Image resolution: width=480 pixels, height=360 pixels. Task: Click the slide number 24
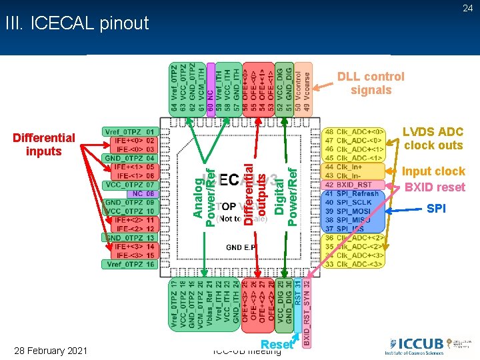pyautogui.click(x=468, y=8)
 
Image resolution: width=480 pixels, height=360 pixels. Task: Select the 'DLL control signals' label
pyautogui.click(x=371, y=83)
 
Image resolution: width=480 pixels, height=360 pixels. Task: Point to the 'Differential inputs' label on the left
pyautogui.click(x=44, y=144)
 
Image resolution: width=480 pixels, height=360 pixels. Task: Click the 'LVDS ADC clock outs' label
pyautogui.click(x=433, y=139)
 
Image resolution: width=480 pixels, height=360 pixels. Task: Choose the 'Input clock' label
pyautogui.click(x=433, y=171)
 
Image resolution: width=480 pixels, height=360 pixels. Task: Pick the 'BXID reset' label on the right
pyautogui.click(x=435, y=187)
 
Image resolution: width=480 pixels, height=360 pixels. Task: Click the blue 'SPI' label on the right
pyautogui.click(x=437, y=209)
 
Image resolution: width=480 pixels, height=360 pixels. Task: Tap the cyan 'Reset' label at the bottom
pyautogui.click(x=277, y=345)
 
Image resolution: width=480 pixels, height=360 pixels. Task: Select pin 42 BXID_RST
pyautogui.click(x=353, y=185)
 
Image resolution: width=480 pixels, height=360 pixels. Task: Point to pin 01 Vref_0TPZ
pyautogui.click(x=129, y=132)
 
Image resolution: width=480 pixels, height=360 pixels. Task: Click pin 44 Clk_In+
pyautogui.click(x=353, y=167)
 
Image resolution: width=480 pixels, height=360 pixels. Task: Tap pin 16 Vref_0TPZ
pyautogui.click(x=129, y=264)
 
